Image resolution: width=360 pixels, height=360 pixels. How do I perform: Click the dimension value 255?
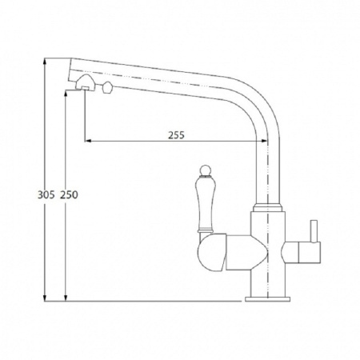point(176,135)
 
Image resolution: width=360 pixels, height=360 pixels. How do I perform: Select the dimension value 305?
point(46,195)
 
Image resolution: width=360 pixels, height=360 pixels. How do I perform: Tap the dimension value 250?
point(69,195)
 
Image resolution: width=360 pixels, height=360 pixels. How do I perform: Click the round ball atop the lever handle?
point(206,170)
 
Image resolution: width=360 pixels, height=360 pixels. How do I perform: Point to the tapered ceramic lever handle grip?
point(206,203)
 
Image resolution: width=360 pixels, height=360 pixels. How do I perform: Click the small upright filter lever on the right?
point(314,231)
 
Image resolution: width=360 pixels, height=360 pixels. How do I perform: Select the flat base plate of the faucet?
point(267,299)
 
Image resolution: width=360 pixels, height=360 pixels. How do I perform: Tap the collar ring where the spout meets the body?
point(267,208)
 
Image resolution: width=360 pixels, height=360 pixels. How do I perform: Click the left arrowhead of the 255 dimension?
point(88,141)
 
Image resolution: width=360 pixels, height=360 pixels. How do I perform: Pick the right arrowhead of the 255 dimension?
point(264,141)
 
